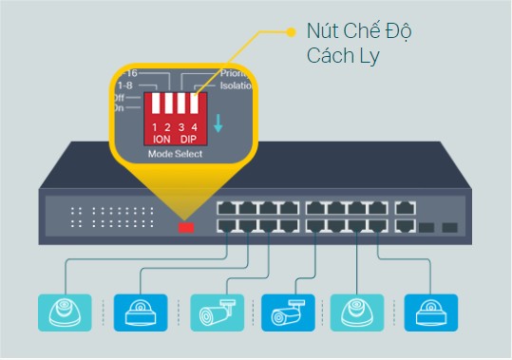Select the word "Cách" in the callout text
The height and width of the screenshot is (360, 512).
click(329, 57)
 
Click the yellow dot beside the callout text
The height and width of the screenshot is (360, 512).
click(292, 32)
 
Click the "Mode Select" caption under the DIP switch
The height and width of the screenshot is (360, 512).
click(174, 153)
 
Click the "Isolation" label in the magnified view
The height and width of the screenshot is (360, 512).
click(237, 85)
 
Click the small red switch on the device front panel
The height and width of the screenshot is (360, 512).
click(186, 227)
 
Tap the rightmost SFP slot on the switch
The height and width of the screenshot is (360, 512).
click(449, 228)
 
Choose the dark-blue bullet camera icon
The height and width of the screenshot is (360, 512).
click(285, 311)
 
